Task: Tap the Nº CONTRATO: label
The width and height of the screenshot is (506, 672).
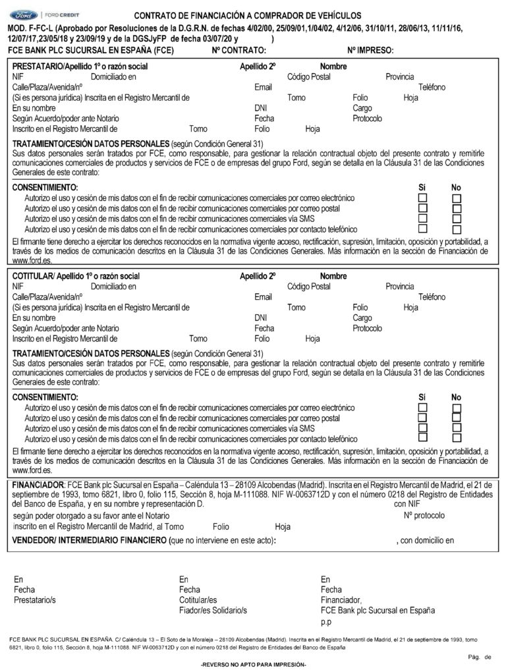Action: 239,50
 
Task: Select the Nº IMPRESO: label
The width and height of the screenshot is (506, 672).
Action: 370,50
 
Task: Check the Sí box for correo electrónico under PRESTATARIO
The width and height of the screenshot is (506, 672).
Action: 423,198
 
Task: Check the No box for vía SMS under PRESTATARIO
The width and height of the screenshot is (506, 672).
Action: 457,219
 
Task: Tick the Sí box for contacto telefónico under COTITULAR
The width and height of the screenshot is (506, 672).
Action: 423,437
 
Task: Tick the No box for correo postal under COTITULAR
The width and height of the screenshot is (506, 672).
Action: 457,418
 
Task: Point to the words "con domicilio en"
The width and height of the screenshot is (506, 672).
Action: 427,541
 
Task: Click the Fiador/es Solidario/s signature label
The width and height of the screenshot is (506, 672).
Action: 213,611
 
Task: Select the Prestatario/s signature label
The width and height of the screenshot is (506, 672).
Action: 35,600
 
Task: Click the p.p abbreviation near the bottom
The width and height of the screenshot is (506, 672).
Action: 325,621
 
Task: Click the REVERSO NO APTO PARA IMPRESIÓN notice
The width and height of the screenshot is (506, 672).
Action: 253,665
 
